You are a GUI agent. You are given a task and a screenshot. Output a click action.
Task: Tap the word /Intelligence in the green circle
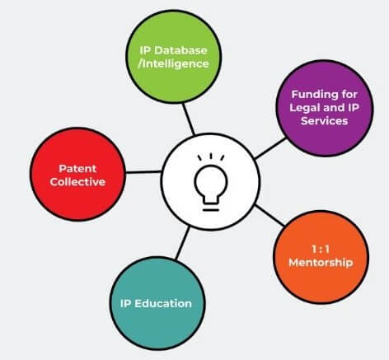tap(173, 63)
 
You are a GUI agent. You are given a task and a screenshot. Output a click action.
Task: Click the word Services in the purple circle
tap(324, 121)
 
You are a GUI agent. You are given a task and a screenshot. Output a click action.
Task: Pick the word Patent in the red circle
tap(77, 169)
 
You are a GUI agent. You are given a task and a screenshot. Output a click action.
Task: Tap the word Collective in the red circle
tap(77, 182)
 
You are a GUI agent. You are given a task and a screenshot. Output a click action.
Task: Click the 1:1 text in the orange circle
tap(321, 249)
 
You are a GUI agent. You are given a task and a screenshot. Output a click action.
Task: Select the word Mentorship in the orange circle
tap(321, 262)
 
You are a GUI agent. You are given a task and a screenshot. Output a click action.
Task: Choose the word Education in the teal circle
tap(163, 303)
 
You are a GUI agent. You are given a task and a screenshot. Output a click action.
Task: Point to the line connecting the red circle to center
tap(143, 172)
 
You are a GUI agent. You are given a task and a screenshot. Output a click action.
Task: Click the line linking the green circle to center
tap(189, 119)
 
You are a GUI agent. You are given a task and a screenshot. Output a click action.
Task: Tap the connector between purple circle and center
tap(270, 148)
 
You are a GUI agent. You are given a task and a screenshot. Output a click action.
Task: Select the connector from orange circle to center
tap(269, 216)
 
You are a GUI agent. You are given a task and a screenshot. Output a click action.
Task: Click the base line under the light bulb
tap(211, 210)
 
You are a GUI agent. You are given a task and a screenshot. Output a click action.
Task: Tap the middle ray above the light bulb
tap(211, 157)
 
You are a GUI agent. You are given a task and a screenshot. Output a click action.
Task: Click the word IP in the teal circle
tap(126, 303)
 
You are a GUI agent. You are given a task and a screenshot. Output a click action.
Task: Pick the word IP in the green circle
tap(145, 50)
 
